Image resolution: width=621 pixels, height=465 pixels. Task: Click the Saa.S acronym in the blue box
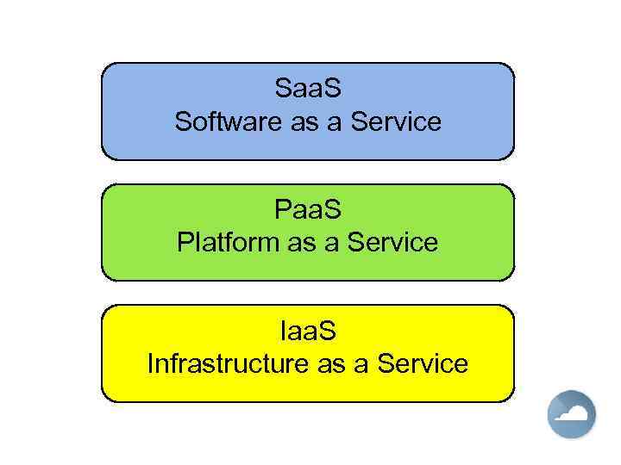coord(308,88)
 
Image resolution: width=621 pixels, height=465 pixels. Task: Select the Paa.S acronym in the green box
coord(308,208)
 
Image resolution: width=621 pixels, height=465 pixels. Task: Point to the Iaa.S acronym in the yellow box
coord(308,329)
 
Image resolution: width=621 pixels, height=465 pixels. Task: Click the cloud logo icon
coord(572,414)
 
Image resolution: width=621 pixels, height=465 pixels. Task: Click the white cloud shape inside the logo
coord(574,416)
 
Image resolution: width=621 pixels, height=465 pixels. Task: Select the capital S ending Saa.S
coord(332,88)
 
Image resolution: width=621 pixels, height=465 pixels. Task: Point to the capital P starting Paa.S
coord(283,208)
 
